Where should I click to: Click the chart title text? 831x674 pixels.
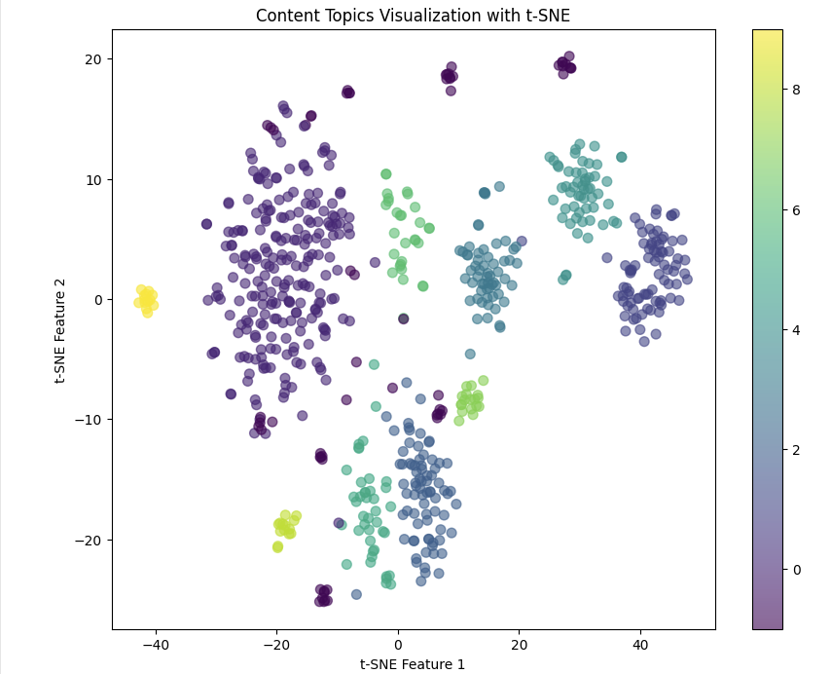point(413,16)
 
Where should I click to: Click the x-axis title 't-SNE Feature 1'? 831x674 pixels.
point(413,664)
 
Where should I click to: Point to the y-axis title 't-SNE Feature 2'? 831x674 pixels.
point(60,329)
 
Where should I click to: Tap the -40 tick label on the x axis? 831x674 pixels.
point(155,644)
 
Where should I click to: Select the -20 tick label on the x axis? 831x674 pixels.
point(276,644)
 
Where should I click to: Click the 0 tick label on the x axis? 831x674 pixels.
point(398,644)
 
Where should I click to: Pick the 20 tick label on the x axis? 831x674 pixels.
point(519,644)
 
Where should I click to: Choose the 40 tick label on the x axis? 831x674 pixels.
point(640,644)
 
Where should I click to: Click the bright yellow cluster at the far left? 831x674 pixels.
point(146,299)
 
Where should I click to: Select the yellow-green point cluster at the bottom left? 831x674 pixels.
point(285,526)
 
